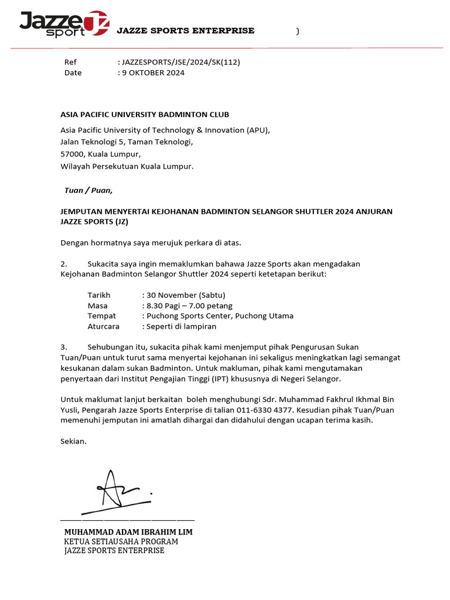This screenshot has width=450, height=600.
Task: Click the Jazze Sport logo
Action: pyautogui.click(x=63, y=23)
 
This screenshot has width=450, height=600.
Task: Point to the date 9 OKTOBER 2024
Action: pyautogui.click(x=153, y=73)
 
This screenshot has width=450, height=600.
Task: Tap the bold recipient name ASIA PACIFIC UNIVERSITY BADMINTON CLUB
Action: pyautogui.click(x=145, y=114)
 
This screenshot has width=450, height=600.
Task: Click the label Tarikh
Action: pyautogui.click(x=99, y=295)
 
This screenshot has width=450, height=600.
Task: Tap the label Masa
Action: pyautogui.click(x=98, y=305)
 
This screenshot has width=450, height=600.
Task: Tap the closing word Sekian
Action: pyautogui.click(x=73, y=441)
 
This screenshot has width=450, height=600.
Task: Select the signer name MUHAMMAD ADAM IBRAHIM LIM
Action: pyautogui.click(x=128, y=532)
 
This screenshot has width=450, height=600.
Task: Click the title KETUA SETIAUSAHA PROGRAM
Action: pyautogui.click(x=121, y=541)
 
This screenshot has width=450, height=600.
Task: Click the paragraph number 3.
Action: pyautogui.click(x=64, y=347)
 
